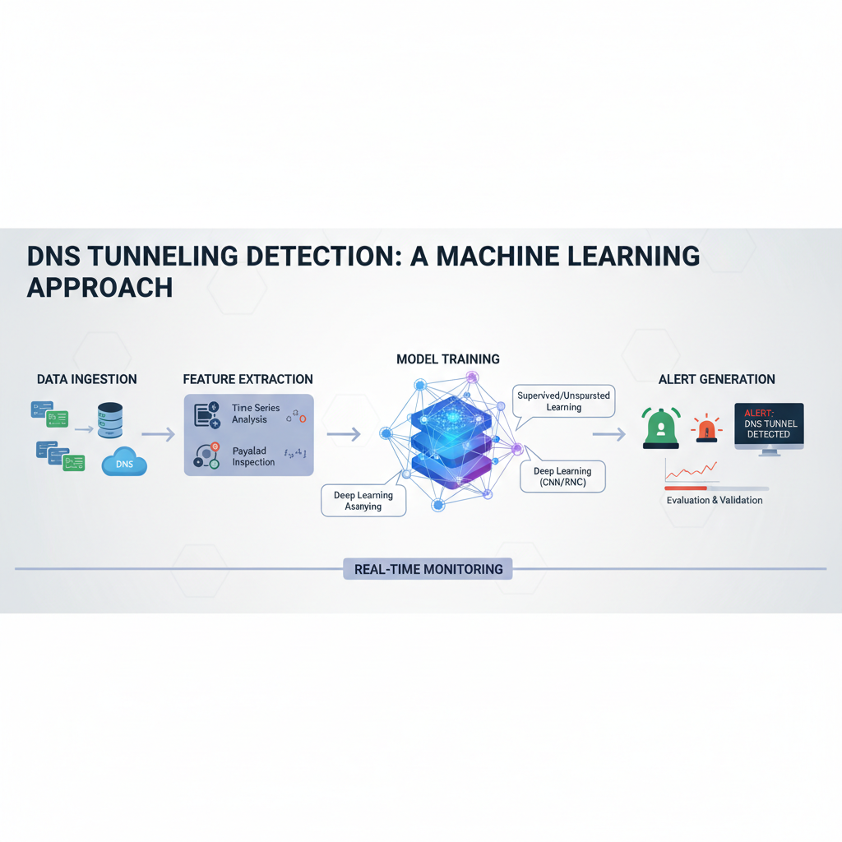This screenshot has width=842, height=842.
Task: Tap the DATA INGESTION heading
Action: pos(87,379)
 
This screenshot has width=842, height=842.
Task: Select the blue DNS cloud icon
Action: pos(124,464)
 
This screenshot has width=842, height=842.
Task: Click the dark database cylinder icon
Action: pos(109,419)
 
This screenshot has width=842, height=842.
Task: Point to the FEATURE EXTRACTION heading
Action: pos(248,379)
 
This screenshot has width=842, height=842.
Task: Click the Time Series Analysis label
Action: pos(256,414)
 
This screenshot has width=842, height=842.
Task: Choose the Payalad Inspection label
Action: pos(253,456)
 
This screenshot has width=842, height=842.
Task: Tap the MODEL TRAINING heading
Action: pos(447,359)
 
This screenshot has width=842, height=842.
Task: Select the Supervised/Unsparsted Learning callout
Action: pos(563,401)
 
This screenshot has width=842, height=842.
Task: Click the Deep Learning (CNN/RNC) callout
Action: pos(563,476)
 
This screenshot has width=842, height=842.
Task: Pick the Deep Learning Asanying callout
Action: pos(363,501)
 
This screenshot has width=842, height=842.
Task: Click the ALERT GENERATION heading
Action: pos(716,379)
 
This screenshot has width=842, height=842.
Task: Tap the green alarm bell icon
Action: pos(661,428)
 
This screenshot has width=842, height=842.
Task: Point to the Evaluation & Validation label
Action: pos(714,500)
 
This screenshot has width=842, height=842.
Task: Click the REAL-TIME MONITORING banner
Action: pos(428,569)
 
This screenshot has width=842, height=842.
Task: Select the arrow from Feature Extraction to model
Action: pos(344,434)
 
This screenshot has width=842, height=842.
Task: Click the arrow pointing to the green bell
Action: pos(608,434)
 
